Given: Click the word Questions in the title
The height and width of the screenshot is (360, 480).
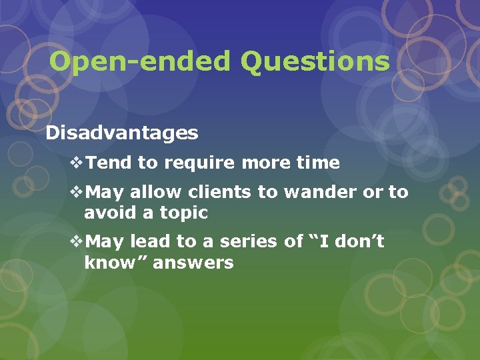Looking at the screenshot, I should (x=315, y=61).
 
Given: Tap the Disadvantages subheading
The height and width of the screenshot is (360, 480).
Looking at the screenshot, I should (x=122, y=133).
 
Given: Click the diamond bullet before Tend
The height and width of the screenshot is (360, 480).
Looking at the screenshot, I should (x=77, y=163).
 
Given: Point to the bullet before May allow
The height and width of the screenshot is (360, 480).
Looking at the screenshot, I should (x=77, y=193).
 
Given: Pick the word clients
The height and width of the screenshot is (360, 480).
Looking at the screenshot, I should (x=220, y=193).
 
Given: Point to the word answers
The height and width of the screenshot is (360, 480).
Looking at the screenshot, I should (x=193, y=263).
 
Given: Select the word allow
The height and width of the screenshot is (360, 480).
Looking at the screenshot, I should (x=155, y=193).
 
